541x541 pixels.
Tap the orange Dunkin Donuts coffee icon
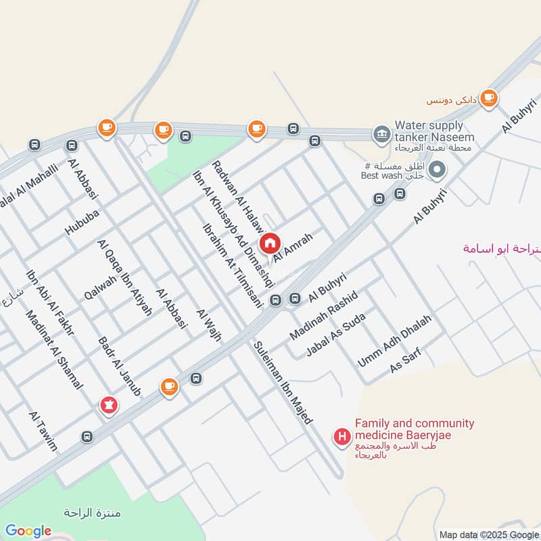pyautogui.click(x=489, y=97)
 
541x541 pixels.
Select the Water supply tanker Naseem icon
pyautogui.click(x=381, y=133)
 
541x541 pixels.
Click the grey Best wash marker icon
pyautogui.click(x=437, y=169)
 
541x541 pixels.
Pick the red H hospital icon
pyautogui.click(x=342, y=437)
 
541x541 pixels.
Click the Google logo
pyautogui.click(x=28, y=531)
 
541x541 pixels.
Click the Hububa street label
pyautogui.click(x=82, y=220)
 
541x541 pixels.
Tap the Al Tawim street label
pyautogui.click(x=43, y=430)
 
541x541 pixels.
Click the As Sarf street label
pyautogui.click(x=406, y=362)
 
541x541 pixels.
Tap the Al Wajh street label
pyautogui.click(x=208, y=324)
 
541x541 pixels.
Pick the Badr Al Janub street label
pyautogui.click(x=119, y=366)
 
